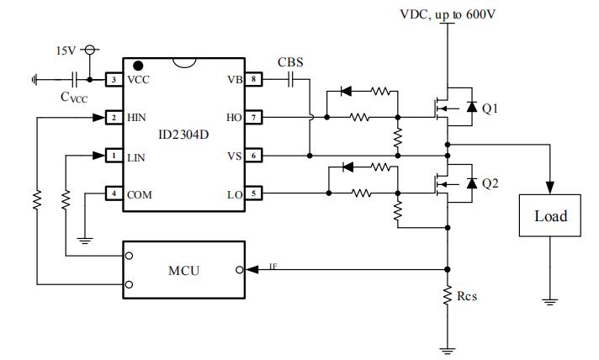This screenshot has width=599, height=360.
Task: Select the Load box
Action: tap(550, 216)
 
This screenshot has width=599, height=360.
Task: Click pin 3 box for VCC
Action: tap(111, 80)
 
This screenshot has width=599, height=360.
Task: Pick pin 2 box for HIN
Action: tap(111, 118)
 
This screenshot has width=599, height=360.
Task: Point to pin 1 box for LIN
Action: tap(111, 156)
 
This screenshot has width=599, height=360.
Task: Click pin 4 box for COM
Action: tap(111, 193)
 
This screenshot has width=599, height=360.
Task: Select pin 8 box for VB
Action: tap(256, 80)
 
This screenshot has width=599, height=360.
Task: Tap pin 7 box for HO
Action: tap(256, 118)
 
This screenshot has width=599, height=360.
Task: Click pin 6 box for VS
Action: tap(256, 156)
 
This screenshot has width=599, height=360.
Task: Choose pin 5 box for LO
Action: tap(256, 193)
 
